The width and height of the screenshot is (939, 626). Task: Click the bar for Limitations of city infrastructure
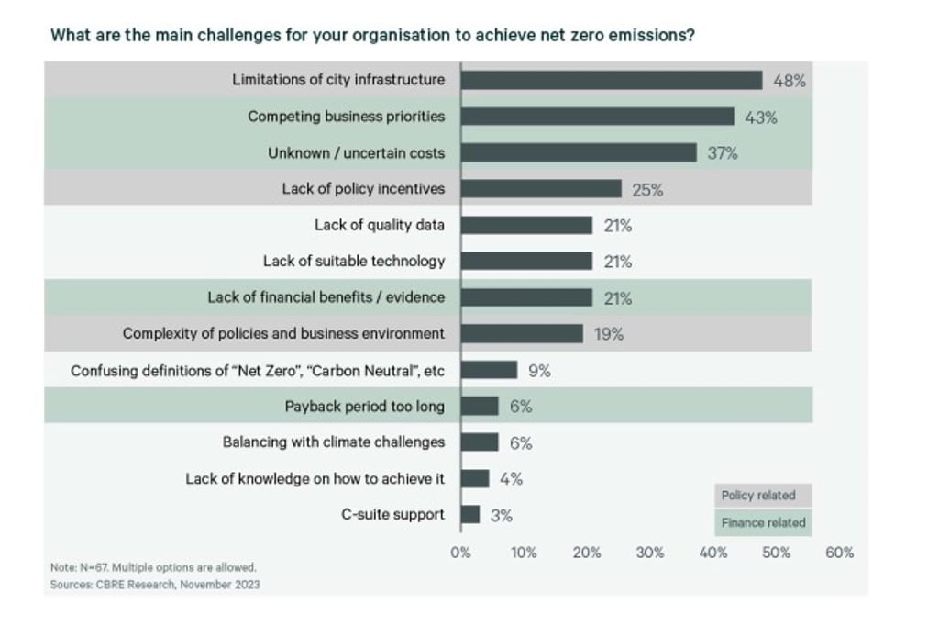(612, 80)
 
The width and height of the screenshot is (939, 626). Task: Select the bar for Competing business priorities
(597, 117)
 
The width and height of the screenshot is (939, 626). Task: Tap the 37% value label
(723, 153)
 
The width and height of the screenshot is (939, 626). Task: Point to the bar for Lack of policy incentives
(541, 189)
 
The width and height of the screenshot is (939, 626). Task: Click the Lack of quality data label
(380, 225)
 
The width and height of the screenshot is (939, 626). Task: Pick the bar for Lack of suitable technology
(526, 262)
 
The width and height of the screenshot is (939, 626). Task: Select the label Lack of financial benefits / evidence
(326, 297)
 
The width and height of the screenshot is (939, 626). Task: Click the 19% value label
(609, 334)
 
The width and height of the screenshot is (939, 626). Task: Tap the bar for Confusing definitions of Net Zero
(489, 370)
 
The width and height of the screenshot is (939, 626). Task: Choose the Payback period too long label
(365, 406)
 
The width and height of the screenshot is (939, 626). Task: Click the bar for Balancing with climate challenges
(480, 442)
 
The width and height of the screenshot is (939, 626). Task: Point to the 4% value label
(511, 478)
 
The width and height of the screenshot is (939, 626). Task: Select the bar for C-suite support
(470, 514)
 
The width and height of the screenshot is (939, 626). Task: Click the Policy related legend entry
(759, 496)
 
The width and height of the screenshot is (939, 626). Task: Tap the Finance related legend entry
(763, 522)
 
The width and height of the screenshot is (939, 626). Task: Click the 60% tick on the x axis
(839, 553)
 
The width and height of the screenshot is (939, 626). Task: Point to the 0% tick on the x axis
(460, 553)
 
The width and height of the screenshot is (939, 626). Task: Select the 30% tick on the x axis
(649, 553)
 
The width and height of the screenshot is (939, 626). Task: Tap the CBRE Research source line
(154, 584)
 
